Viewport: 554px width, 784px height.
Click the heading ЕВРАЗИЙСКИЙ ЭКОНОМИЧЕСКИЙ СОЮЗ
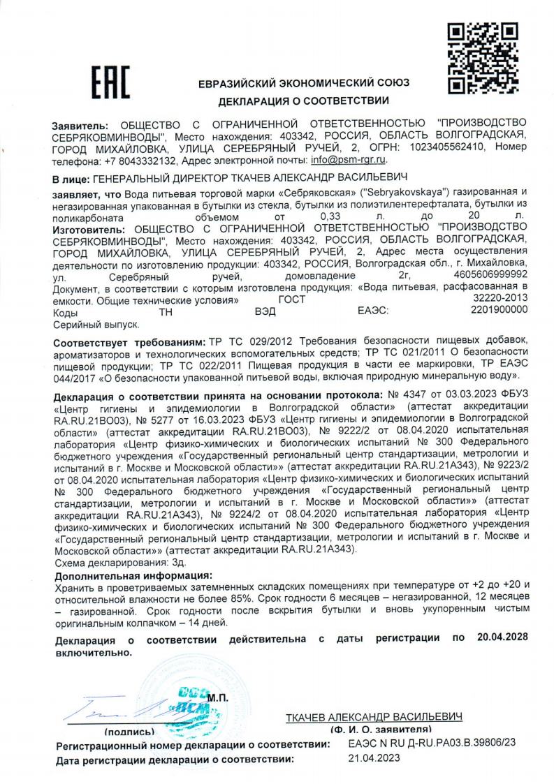[304, 83]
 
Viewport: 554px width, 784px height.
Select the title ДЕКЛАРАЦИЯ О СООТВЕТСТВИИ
[304, 103]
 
